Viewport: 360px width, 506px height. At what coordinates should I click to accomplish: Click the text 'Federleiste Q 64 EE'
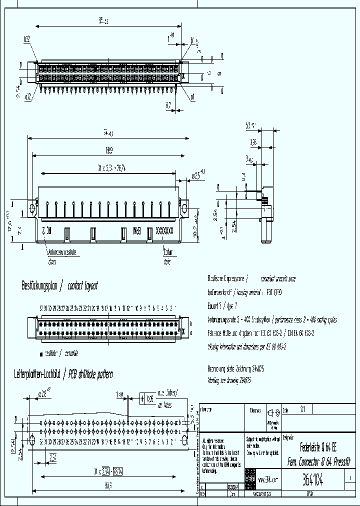pos(320,447)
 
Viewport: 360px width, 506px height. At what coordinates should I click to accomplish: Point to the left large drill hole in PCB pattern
pos(32,440)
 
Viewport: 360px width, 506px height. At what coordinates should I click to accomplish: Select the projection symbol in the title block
pos(272,414)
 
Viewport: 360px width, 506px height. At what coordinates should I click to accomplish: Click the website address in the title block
pos(269,478)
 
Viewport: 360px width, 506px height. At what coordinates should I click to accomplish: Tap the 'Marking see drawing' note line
pos(229,380)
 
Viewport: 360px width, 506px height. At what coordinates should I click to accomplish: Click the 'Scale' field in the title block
pos(295,409)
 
